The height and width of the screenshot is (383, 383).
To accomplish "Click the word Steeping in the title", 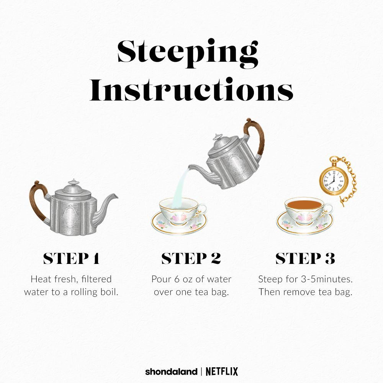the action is (188, 54).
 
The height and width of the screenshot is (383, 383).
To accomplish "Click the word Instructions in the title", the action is (191, 90).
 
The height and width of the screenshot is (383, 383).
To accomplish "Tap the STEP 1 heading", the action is (71, 258).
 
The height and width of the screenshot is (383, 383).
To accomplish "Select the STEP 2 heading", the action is (191, 258).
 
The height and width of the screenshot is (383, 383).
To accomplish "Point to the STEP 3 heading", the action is (305, 258).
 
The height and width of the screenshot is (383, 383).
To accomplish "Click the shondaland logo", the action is (171, 372).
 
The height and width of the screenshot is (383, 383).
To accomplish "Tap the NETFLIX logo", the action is (222, 372).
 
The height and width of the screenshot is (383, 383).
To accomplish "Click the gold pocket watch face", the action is (332, 181).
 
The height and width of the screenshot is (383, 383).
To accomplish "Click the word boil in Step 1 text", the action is (109, 292).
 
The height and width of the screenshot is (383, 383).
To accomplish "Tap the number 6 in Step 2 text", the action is (177, 279).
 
